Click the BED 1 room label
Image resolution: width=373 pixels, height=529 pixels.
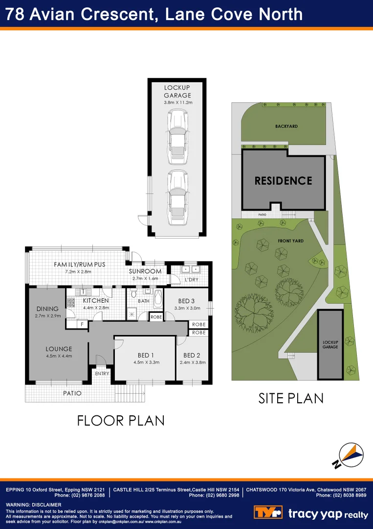click(146, 356)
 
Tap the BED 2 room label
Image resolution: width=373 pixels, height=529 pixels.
click(192, 356)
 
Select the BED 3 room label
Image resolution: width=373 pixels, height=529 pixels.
click(186, 301)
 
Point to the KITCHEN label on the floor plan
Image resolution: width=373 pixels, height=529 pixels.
click(95, 301)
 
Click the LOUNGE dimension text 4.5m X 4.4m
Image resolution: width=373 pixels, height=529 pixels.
click(59, 356)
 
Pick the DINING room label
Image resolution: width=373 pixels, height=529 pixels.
click(47, 309)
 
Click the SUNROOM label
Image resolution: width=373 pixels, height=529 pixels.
click(145, 271)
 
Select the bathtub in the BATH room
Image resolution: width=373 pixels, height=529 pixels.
click(158, 298)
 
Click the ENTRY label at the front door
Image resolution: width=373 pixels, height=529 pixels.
click(102, 374)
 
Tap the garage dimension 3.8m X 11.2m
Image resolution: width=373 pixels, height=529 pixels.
click(178, 103)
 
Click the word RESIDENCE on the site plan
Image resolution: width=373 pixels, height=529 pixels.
click(283, 181)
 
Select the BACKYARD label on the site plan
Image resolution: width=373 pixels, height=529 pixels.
click(286, 126)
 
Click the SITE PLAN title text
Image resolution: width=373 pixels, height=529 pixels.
click(291, 398)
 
